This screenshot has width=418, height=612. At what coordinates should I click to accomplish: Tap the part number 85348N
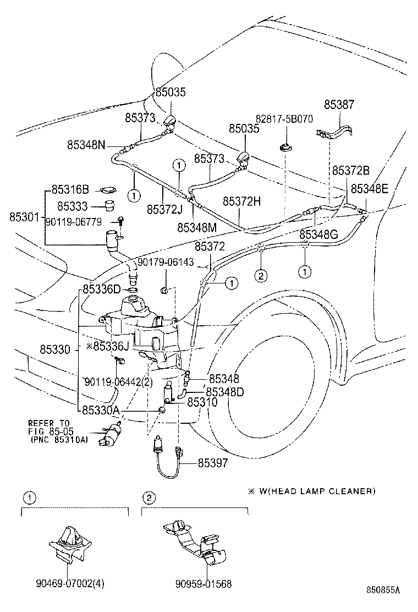[86, 145]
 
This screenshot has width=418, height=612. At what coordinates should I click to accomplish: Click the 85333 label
[73, 206]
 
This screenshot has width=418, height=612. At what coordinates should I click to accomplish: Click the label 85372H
[242, 201]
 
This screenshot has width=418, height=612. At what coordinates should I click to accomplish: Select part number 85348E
[370, 189]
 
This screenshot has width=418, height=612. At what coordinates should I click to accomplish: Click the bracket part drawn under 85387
[335, 133]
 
